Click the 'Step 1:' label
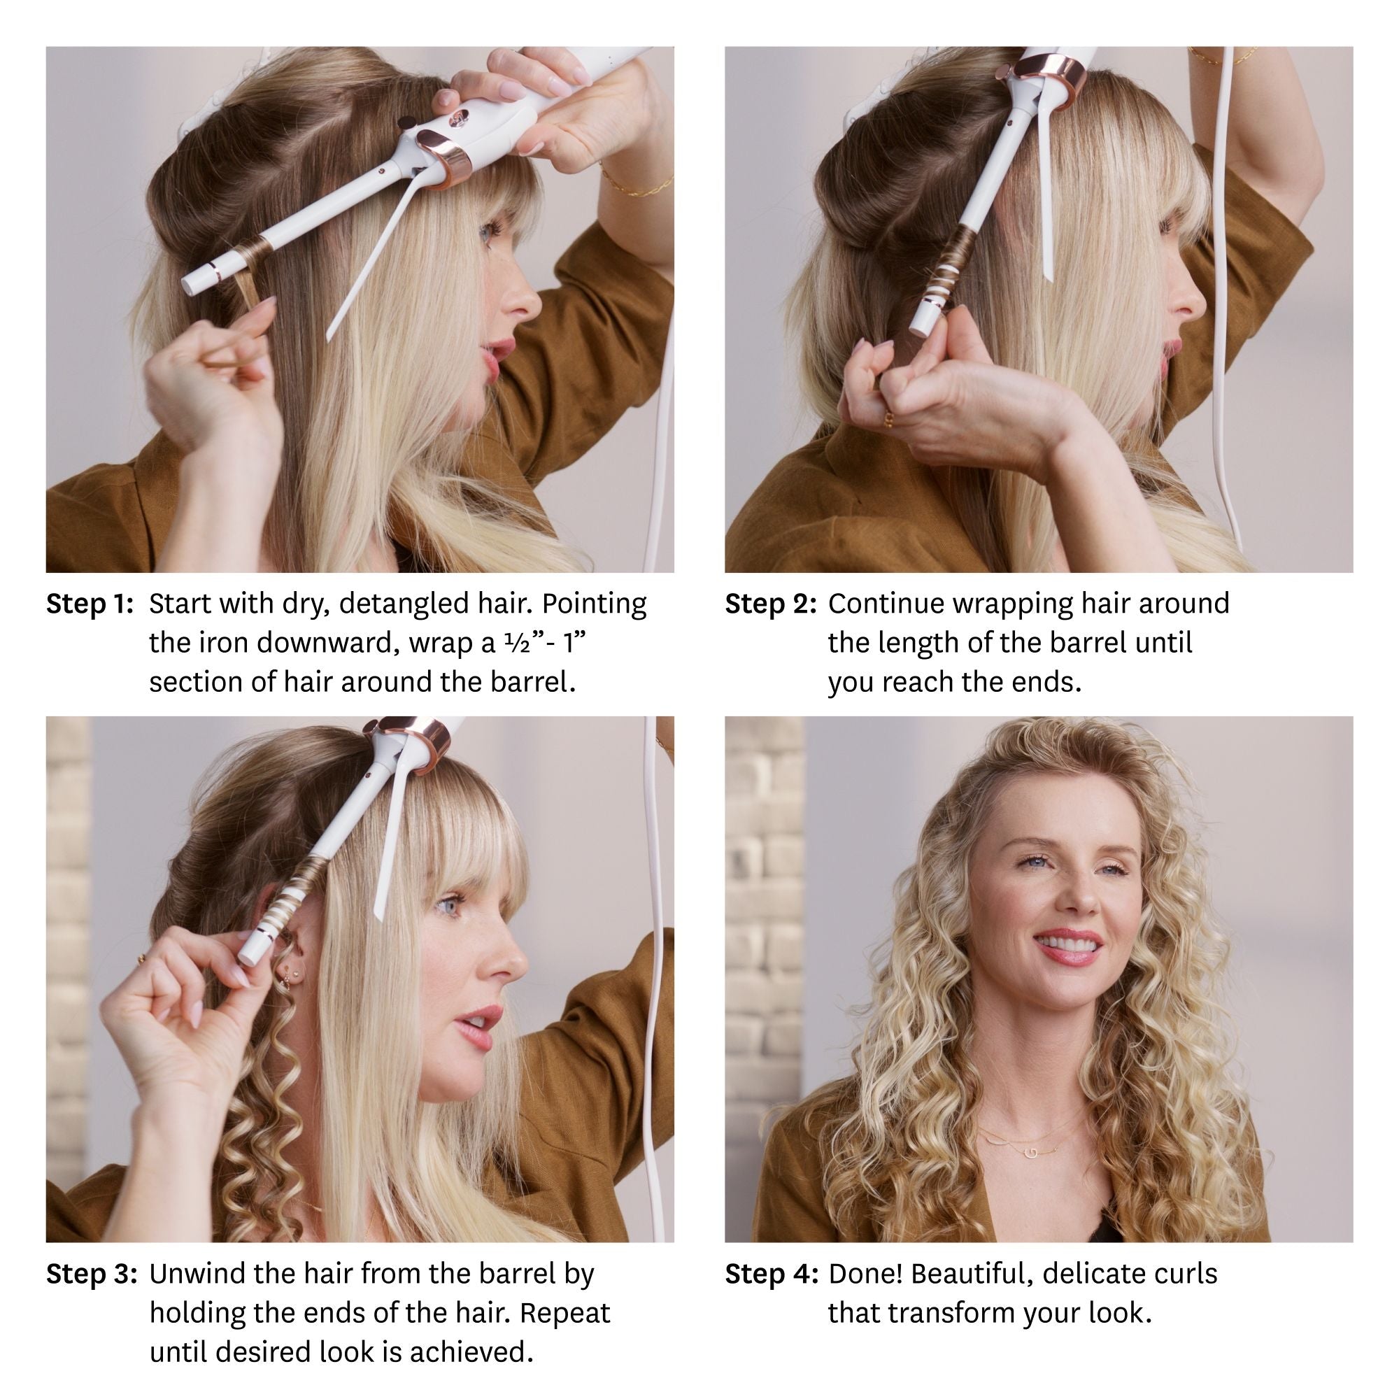pyautogui.click(x=90, y=604)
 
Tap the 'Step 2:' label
pyautogui.click(x=770, y=604)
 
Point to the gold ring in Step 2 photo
pyautogui.click(x=888, y=419)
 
